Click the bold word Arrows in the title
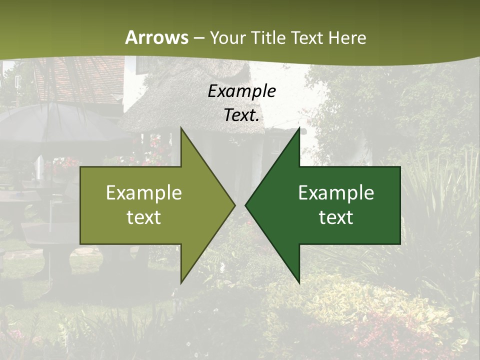pos(156,37)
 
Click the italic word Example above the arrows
pos(241,91)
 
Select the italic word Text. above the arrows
pos(241,115)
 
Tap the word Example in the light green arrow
pos(143,193)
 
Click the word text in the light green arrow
pos(143,217)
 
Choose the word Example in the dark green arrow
pos(336,193)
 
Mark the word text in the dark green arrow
pos(336,217)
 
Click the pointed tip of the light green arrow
pos(234,205)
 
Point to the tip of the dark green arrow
pos(246,205)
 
